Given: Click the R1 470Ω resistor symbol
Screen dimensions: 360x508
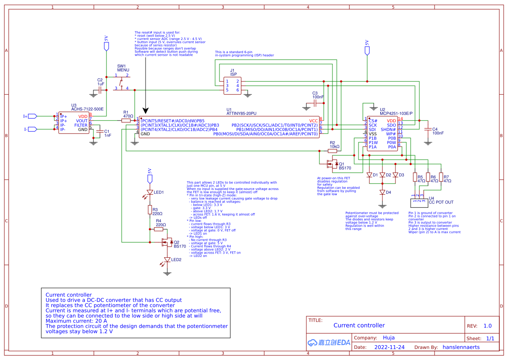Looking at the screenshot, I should [126, 120].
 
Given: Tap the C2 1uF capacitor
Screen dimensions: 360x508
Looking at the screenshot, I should [100, 90].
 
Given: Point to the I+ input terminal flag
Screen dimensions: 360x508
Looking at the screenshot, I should [32, 116].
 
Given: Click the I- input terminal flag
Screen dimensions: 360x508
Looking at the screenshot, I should [32, 129].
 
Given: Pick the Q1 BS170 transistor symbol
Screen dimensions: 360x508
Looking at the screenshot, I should [332, 164].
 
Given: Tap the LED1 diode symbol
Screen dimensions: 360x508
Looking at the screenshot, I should [150, 192].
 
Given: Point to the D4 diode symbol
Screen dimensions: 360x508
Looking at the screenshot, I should [382, 192].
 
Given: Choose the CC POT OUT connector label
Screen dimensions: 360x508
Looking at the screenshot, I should [441, 202].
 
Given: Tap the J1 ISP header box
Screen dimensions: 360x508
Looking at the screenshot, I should [232, 85].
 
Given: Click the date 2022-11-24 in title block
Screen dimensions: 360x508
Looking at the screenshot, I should [389, 347].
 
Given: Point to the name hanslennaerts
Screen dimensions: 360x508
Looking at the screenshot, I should [462, 347].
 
